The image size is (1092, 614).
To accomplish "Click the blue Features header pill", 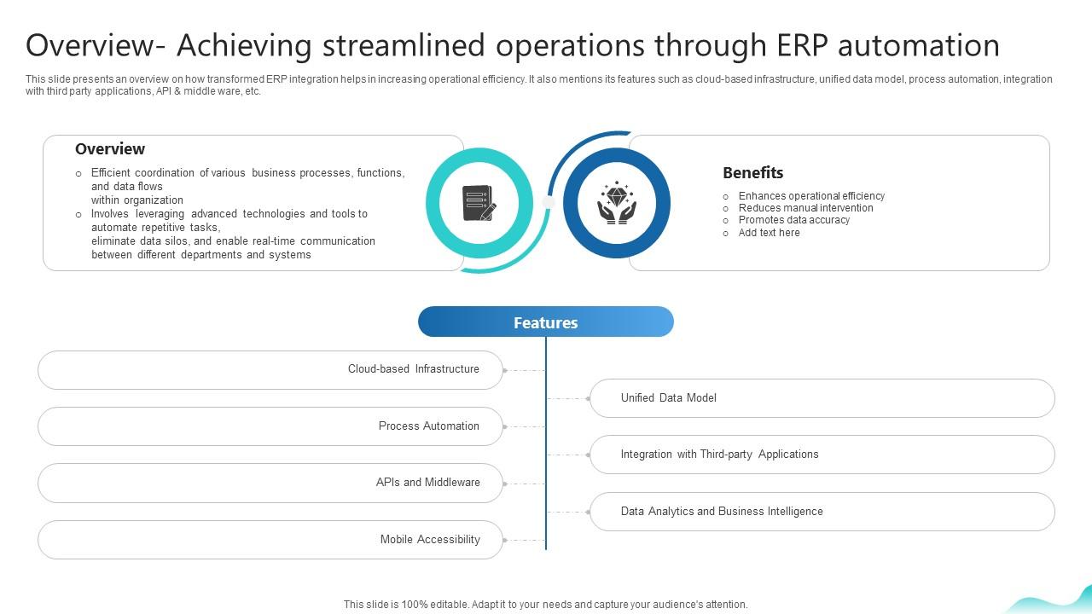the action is pyautogui.click(x=546, y=322).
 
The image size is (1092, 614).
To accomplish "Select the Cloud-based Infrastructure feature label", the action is pyautogui.click(x=413, y=369).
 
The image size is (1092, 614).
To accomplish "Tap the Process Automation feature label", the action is pyautogui.click(x=428, y=426).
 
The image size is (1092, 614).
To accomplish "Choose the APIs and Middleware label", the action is pyautogui.click(x=427, y=483).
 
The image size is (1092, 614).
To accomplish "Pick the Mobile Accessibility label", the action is pyautogui.click(x=430, y=540).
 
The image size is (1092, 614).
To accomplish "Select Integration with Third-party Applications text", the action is pyautogui.click(x=719, y=455).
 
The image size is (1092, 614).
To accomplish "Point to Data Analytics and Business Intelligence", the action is pyautogui.click(x=722, y=512).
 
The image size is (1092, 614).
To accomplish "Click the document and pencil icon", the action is pyautogui.click(x=479, y=203).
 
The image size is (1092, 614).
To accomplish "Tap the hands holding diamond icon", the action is pyautogui.click(x=616, y=203).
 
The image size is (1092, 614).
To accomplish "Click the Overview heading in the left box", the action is pyautogui.click(x=110, y=149).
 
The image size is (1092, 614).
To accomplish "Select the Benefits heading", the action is pyautogui.click(x=752, y=173).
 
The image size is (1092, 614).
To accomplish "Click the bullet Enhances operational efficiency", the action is pyautogui.click(x=810, y=196).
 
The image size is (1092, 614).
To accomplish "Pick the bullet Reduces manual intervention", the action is pyautogui.click(x=805, y=208).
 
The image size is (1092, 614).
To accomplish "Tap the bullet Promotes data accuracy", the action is pyautogui.click(x=793, y=220).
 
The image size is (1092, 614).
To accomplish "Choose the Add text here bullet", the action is pyautogui.click(x=769, y=233).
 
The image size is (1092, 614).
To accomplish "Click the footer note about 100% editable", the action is pyautogui.click(x=545, y=605).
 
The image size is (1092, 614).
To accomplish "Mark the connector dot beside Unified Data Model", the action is pyautogui.click(x=589, y=398).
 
